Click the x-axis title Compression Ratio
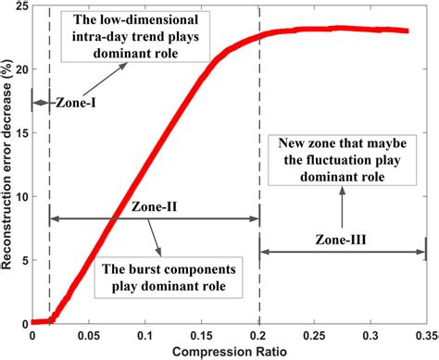(x=229, y=351)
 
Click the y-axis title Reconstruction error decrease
(x=8, y=167)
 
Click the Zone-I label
(x=74, y=105)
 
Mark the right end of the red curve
(x=408, y=31)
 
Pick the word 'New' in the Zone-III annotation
(x=282, y=145)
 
